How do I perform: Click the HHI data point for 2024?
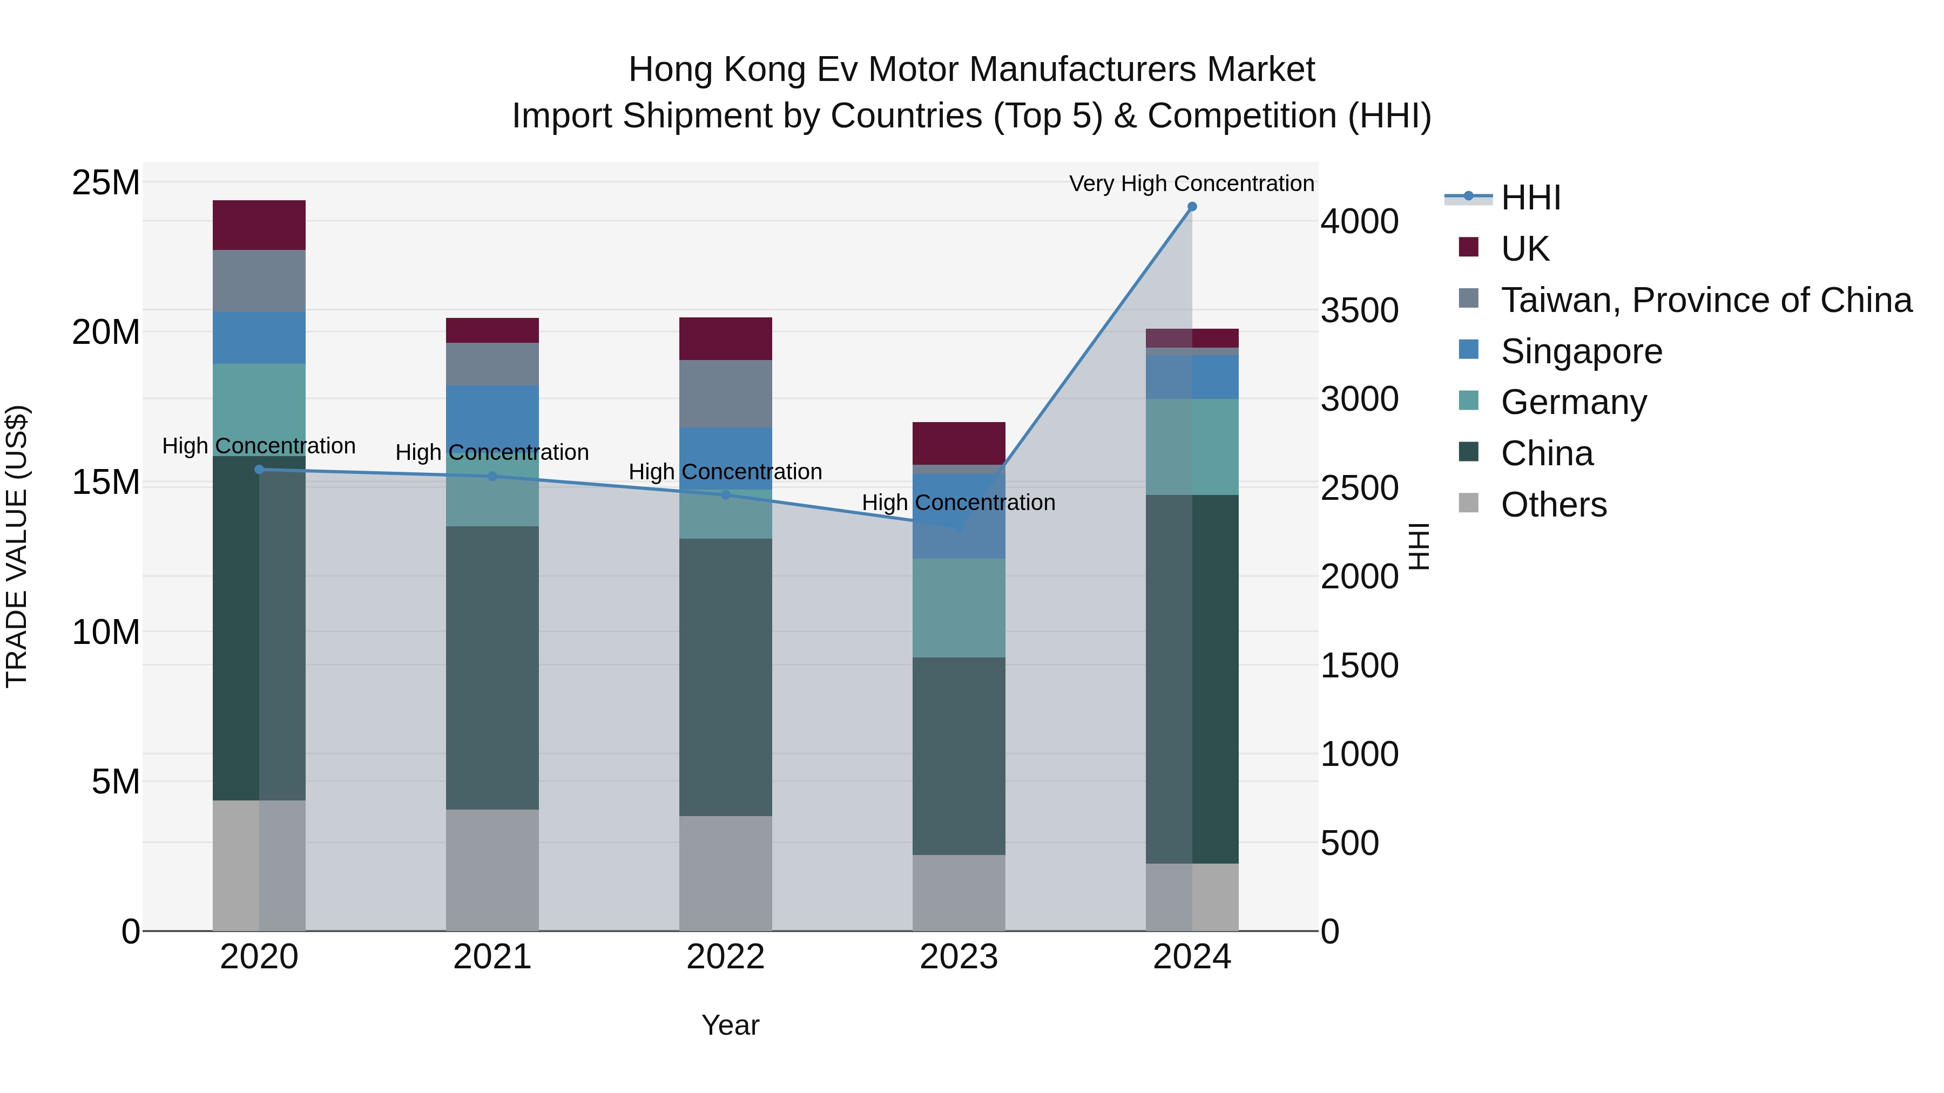pyautogui.click(x=1192, y=207)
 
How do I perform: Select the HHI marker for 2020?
pyautogui.click(x=259, y=469)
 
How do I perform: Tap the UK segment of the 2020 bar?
pyautogui.click(x=259, y=225)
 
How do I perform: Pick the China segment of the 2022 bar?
pyautogui.click(x=725, y=677)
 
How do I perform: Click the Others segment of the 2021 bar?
pyautogui.click(x=492, y=870)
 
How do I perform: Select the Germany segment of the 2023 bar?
pyautogui.click(x=959, y=608)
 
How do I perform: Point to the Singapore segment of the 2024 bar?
pyautogui.click(x=1192, y=376)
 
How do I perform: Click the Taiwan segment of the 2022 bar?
pyautogui.click(x=725, y=394)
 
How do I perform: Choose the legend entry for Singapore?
pyautogui.click(x=1581, y=351)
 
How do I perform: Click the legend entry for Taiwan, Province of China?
pyautogui.click(x=1705, y=300)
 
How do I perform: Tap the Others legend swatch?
pyautogui.click(x=1469, y=503)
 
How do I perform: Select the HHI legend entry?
pyautogui.click(x=1530, y=198)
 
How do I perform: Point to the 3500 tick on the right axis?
pyautogui.click(x=1359, y=310)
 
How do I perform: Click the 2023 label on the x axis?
pyautogui.click(x=959, y=957)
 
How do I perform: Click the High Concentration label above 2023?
pyautogui.click(x=959, y=503)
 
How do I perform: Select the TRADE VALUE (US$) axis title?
pyautogui.click(x=17, y=546)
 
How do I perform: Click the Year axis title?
pyautogui.click(x=730, y=1025)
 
